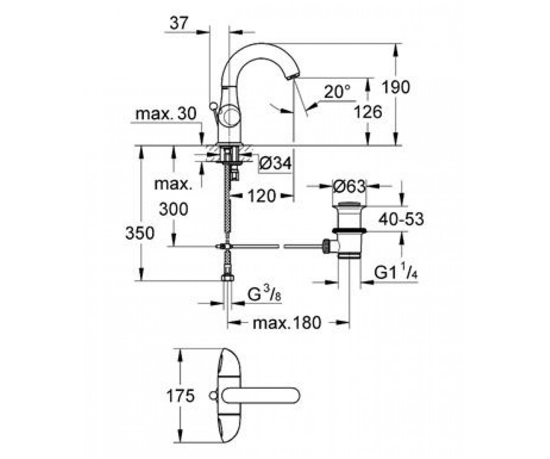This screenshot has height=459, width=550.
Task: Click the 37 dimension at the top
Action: pos(179,23)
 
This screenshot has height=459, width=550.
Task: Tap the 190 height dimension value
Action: pos(396,87)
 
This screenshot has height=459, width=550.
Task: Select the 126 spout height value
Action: pos(368,112)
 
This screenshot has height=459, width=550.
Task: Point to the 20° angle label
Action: pos(337,91)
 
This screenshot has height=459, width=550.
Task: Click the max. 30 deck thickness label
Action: pos(165,114)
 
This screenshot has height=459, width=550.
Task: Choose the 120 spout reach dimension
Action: pos(262,196)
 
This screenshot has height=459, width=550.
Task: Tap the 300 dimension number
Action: pos(173,209)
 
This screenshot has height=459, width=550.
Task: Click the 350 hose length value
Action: pos(140,233)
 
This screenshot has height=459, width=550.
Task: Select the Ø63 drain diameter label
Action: pos(349,186)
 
